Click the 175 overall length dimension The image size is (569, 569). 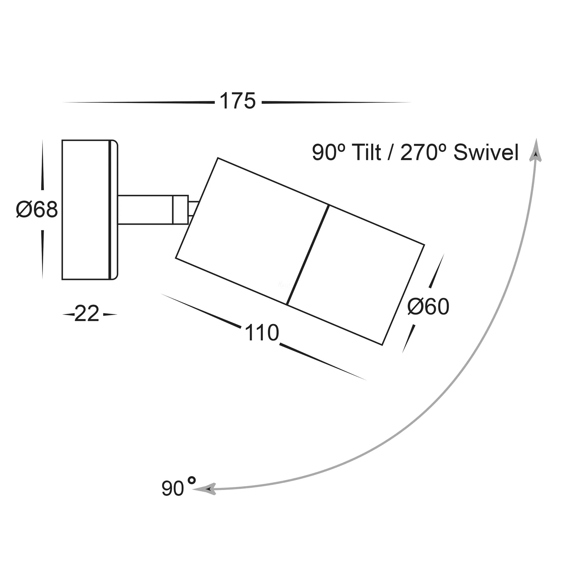coord(238,101)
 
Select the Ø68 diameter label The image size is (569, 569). coord(37,210)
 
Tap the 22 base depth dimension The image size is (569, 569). coord(87,314)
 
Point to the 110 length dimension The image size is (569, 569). coord(262,333)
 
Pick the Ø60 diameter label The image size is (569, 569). coord(428,307)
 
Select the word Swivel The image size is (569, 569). coord(486,153)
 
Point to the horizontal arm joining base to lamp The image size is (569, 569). coord(145,210)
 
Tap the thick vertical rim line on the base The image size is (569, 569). coord(110,210)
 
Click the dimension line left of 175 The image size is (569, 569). coord(139,102)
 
